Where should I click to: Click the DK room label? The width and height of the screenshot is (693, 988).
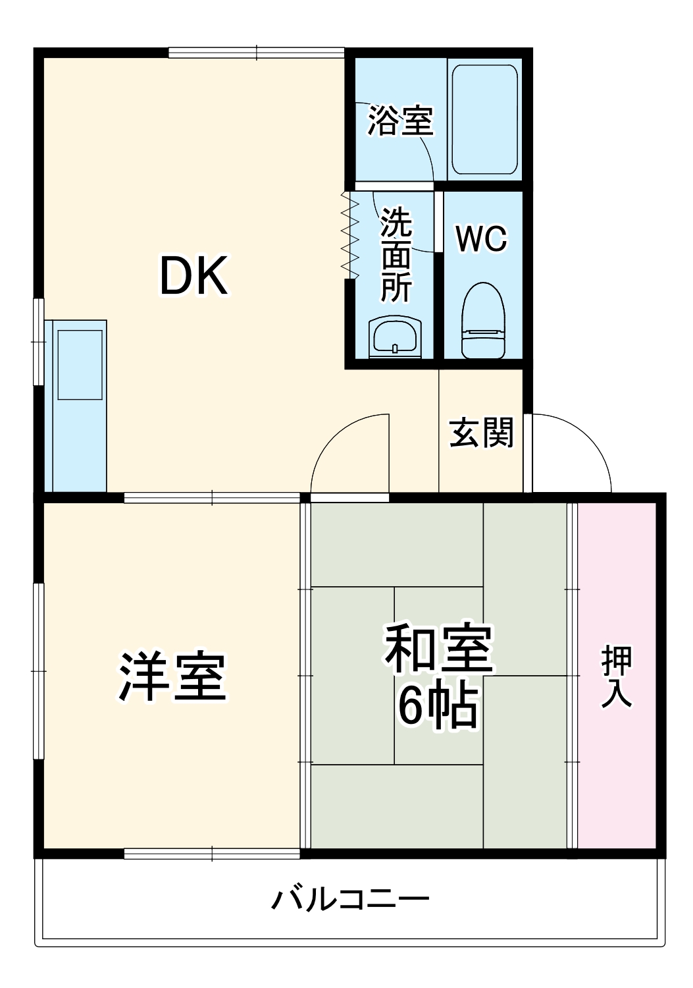point(194,276)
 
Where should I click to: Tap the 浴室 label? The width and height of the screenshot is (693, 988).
point(400,121)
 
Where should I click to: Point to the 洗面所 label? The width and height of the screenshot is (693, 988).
point(397,254)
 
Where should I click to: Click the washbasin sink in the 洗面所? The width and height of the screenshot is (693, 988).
point(395,337)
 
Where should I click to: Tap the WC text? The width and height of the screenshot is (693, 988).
point(482,238)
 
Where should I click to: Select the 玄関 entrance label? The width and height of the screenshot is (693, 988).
point(481,433)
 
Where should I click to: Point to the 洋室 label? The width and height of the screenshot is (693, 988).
point(172,676)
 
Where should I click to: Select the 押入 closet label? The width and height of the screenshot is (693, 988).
point(617,676)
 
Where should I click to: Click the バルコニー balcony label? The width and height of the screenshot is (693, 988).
point(350,898)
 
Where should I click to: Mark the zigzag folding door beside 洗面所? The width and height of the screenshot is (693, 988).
point(349,234)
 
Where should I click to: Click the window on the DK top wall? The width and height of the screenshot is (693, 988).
point(257,53)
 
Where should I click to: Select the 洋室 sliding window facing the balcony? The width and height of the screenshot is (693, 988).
point(212,854)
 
